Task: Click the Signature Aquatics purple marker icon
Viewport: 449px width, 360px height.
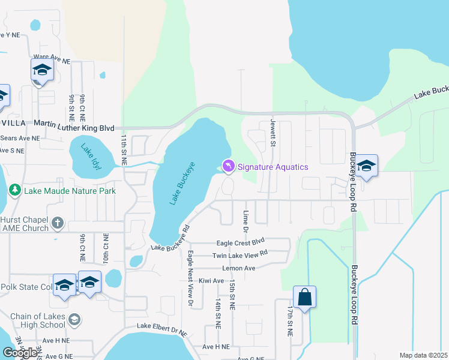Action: click(x=228, y=166)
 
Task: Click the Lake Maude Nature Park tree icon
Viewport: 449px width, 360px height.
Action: click(x=15, y=190)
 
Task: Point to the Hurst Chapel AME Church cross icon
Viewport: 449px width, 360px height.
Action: click(x=58, y=223)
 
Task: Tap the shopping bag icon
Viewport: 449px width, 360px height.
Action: click(x=304, y=297)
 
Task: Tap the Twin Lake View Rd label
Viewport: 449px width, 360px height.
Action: click(x=240, y=255)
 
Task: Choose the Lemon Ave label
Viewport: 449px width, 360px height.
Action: click(x=238, y=268)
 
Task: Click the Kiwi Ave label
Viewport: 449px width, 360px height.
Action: click(x=211, y=280)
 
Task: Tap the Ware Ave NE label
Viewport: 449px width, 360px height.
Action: click(x=52, y=61)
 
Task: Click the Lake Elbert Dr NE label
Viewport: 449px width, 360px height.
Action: click(x=162, y=326)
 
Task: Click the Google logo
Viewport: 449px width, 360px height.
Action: click(x=20, y=353)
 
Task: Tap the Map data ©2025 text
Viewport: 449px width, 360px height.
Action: click(x=423, y=355)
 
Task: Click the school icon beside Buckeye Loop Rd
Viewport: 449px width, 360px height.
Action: click(x=366, y=166)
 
